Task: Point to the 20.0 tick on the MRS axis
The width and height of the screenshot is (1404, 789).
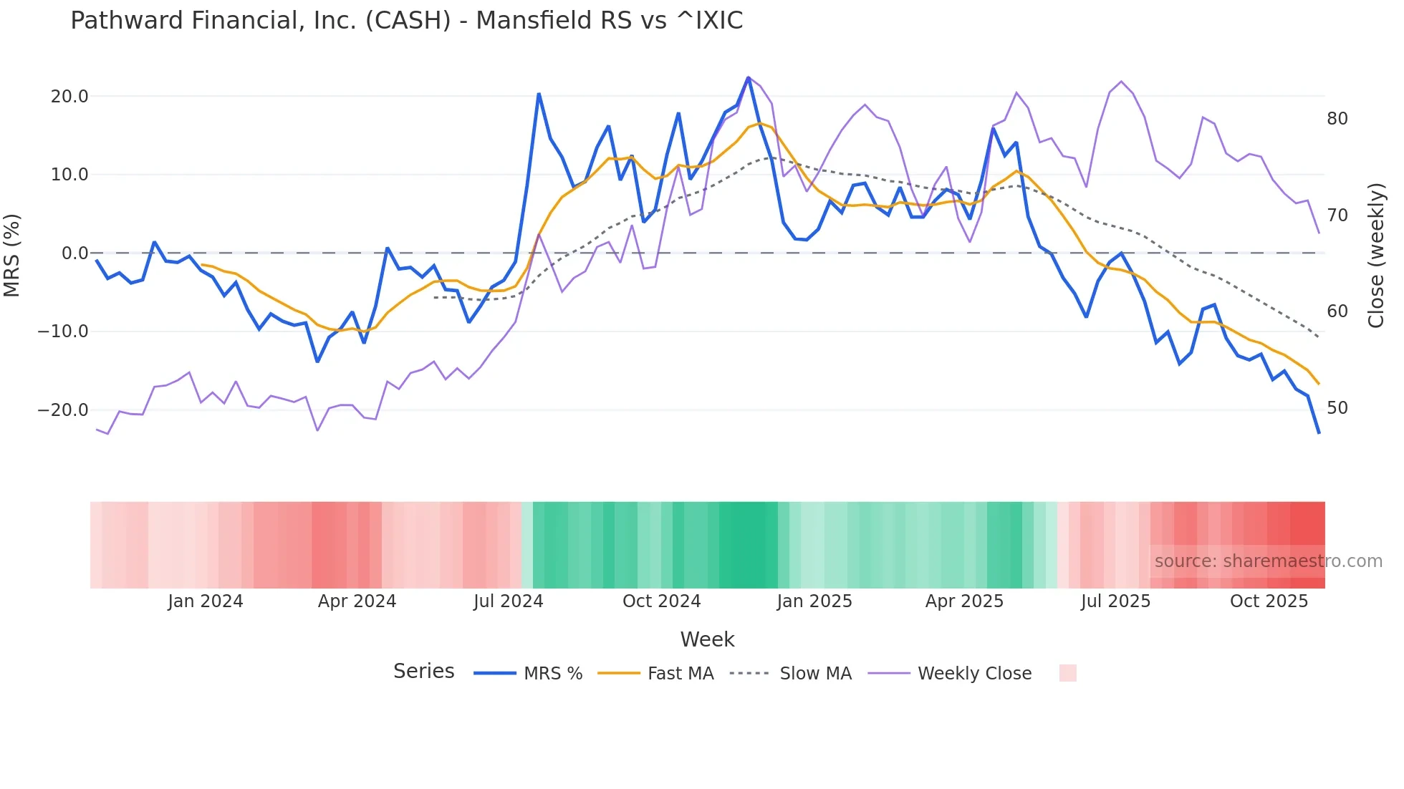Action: pyautogui.click(x=69, y=97)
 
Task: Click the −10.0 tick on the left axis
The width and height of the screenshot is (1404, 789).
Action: pyautogui.click(x=63, y=331)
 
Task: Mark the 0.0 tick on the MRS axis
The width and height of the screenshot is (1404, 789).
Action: pyautogui.click(x=74, y=253)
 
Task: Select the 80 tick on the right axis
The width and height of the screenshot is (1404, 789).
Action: pyautogui.click(x=1337, y=119)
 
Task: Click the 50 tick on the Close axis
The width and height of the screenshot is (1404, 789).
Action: pyautogui.click(x=1337, y=408)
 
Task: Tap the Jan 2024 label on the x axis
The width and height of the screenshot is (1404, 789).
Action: pyautogui.click(x=206, y=601)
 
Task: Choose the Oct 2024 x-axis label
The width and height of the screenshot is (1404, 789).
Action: pyautogui.click(x=661, y=601)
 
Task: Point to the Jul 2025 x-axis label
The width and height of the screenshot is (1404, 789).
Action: pyautogui.click(x=1115, y=601)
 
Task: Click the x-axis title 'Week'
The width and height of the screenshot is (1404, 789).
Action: pyautogui.click(x=707, y=639)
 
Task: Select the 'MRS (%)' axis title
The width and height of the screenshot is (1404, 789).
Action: pyautogui.click(x=12, y=255)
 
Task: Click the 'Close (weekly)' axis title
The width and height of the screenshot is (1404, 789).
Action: pyautogui.click(x=1375, y=255)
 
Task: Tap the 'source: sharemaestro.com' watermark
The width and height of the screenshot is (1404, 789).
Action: pyautogui.click(x=1268, y=561)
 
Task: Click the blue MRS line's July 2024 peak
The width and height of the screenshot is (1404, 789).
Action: pyautogui.click(x=539, y=94)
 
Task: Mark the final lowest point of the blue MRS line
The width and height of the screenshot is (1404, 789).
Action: pyautogui.click(x=1319, y=432)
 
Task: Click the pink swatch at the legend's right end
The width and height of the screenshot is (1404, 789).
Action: pyautogui.click(x=1067, y=673)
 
